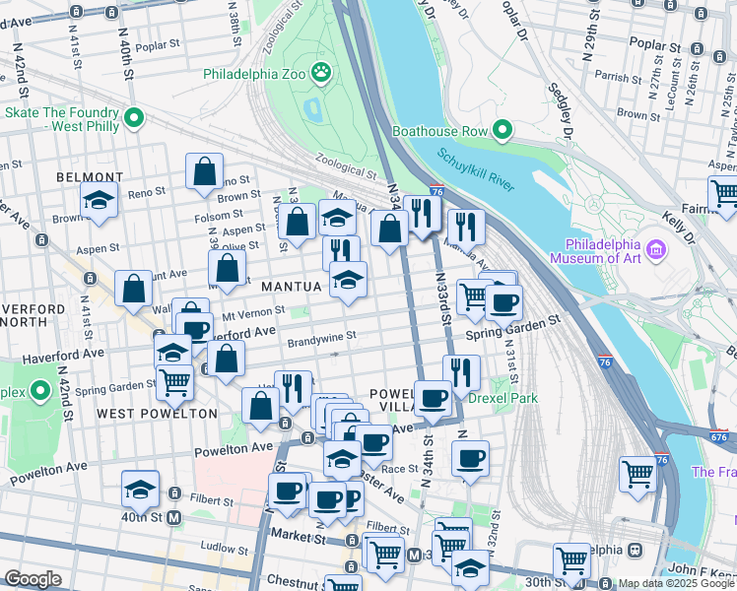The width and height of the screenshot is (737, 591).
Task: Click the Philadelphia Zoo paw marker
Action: (320, 71)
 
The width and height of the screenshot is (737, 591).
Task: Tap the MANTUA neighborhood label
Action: (293, 286)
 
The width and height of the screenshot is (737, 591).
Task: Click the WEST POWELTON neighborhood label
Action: (157, 414)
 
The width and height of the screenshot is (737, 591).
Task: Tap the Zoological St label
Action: (347, 164)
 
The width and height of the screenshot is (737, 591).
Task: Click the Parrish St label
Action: (618, 77)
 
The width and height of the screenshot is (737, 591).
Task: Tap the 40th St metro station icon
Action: (174, 517)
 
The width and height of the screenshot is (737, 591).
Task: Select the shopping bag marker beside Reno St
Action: (204, 171)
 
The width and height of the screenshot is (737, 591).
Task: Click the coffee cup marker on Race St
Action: (471, 458)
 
